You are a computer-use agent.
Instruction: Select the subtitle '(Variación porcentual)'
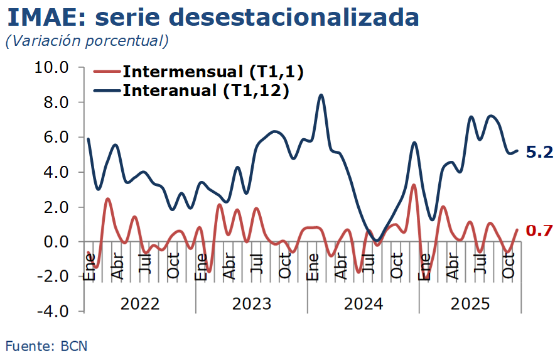[87, 41]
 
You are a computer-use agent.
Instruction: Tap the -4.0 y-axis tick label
[54, 312]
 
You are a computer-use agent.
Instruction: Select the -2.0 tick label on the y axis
[54, 276]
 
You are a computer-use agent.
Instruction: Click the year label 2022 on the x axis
[140, 304]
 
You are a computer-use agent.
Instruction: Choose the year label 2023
[252, 304]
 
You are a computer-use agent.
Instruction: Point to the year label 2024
[363, 304]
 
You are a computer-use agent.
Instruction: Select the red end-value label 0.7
[539, 231]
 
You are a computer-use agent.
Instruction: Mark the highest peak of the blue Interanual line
[321, 95]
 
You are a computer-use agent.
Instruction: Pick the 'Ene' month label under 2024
[313, 267]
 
